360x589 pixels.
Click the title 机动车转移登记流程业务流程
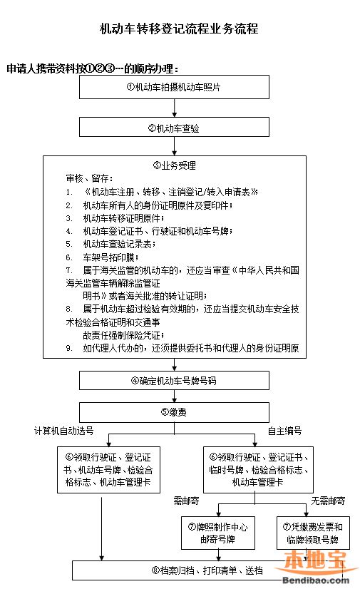(179, 29)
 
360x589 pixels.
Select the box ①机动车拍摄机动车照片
(174, 86)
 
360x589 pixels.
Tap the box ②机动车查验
(174, 128)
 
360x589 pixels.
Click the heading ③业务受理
(174, 165)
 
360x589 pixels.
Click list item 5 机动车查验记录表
(119, 243)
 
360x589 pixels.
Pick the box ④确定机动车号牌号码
(174, 379)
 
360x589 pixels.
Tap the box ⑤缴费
(174, 411)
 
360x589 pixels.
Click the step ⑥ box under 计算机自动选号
(103, 470)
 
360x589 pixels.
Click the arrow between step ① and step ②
(174, 108)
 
